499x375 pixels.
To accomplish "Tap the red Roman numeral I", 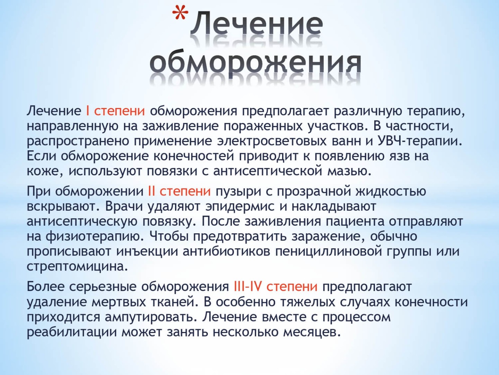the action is pos(88,111).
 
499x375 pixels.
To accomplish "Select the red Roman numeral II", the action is pos(151,191).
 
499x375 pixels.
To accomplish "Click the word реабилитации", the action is pos(72,332).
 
